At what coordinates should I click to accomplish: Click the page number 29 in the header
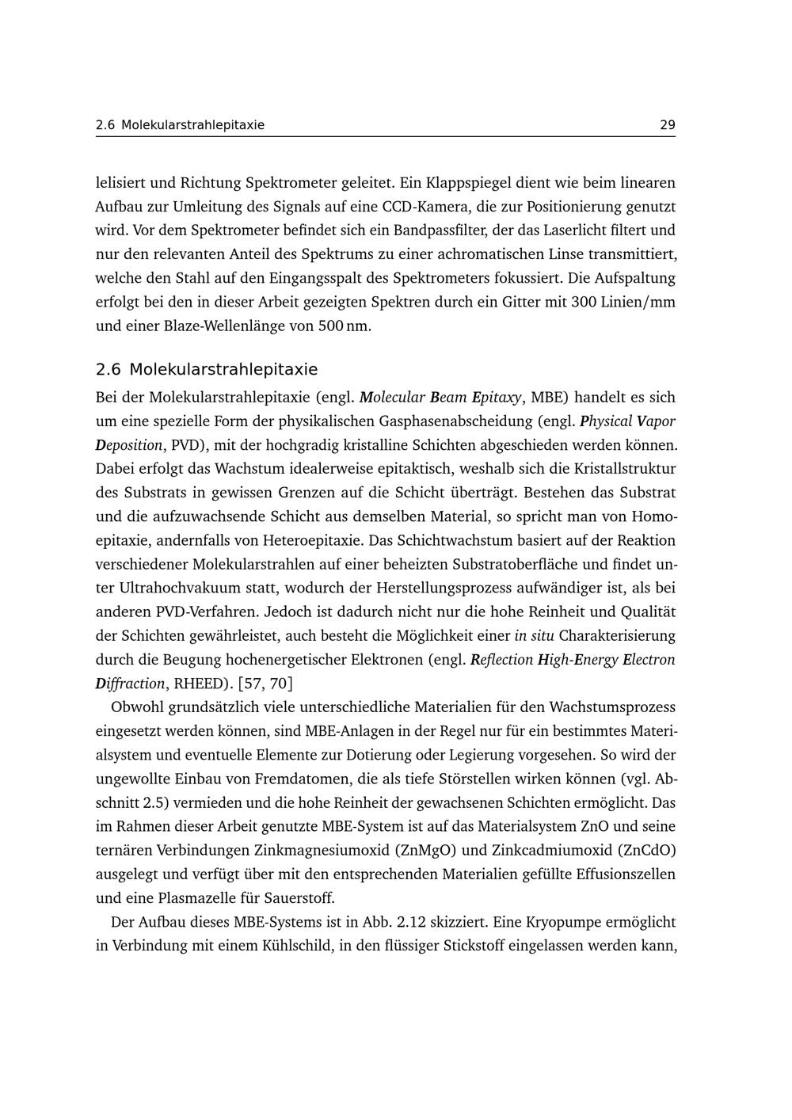tap(667, 125)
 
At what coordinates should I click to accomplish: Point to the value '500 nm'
tap(344, 326)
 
